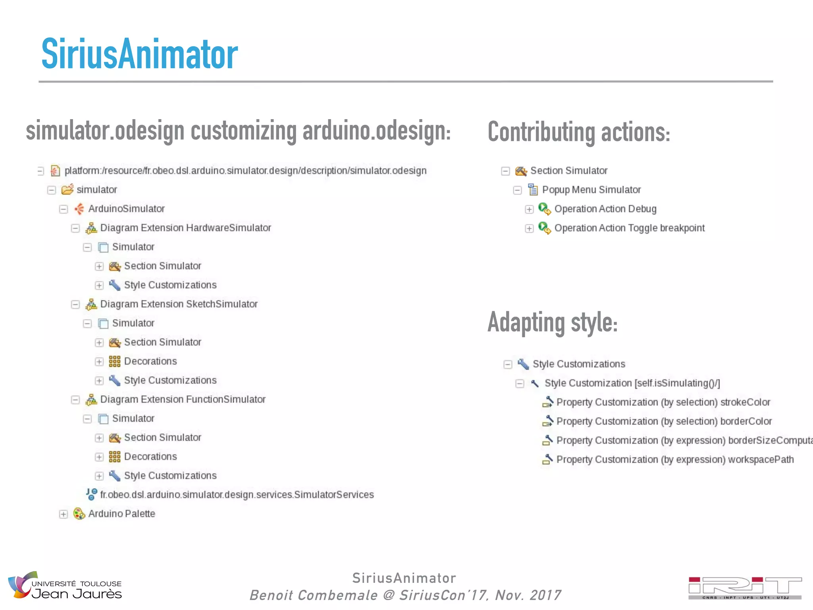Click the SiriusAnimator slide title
[x=139, y=54]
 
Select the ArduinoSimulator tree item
[x=126, y=209]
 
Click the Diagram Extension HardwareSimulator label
[x=185, y=228]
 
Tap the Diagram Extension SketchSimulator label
[x=179, y=304]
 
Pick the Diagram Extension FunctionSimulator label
[x=183, y=400]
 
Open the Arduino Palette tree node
[x=121, y=514]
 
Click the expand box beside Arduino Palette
[x=64, y=514]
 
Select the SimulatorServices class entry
[x=237, y=495]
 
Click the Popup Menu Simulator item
[x=591, y=190]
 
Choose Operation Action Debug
[x=605, y=209]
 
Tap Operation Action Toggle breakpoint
[x=629, y=228]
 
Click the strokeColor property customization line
[x=663, y=402]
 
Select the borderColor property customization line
[x=664, y=421]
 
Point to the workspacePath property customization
[x=675, y=459]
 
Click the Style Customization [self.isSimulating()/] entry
[x=632, y=383]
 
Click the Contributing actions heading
[x=579, y=132]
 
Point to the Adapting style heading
[x=552, y=322]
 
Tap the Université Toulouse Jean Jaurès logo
[x=66, y=586]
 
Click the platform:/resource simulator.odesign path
[x=245, y=171]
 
